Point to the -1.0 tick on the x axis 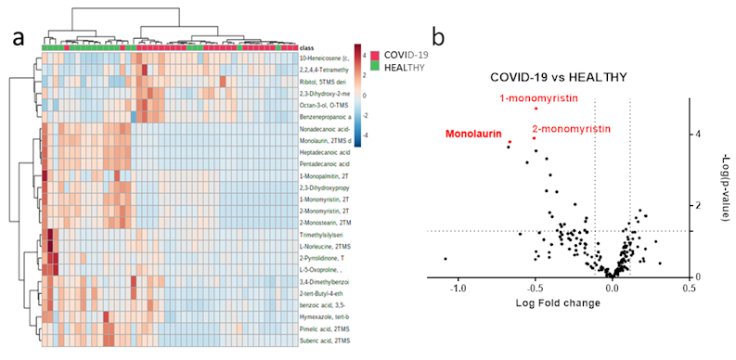[x=458, y=288]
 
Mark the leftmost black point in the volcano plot [x=445, y=259]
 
